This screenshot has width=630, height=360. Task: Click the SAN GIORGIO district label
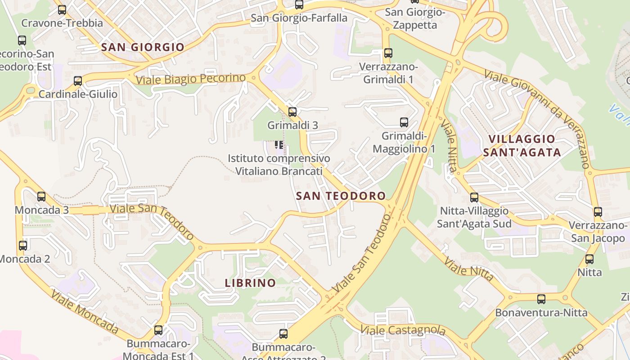pyautogui.click(x=143, y=47)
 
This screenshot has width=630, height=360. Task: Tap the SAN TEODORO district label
pyautogui.click(x=341, y=196)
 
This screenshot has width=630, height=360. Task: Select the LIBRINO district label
pyautogui.click(x=250, y=283)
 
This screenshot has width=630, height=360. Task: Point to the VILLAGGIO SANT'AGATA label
pyautogui.click(x=522, y=146)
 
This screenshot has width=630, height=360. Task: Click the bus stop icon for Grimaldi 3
pyautogui.click(x=292, y=112)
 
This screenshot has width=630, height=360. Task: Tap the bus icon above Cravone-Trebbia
pyautogui.click(x=62, y=9)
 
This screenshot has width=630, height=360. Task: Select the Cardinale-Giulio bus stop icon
pyautogui.click(x=78, y=81)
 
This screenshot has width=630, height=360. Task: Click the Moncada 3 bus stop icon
pyautogui.click(x=41, y=197)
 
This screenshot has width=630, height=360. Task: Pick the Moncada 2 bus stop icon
pyautogui.click(x=23, y=246)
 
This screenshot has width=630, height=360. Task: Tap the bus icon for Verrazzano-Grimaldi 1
pyautogui.click(x=388, y=53)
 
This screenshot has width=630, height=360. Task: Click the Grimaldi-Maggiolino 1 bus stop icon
pyautogui.click(x=404, y=122)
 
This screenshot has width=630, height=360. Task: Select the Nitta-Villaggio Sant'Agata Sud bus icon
pyautogui.click(x=474, y=197)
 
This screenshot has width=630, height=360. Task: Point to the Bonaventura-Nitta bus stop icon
pyautogui.click(x=541, y=299)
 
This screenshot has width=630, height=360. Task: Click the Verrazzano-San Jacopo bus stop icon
pyautogui.click(x=598, y=211)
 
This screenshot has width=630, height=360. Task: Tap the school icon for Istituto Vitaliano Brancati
pyautogui.click(x=279, y=145)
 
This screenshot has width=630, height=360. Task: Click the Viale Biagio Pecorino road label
pyautogui.click(x=191, y=79)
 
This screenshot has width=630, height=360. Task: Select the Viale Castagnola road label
pyautogui.click(x=403, y=330)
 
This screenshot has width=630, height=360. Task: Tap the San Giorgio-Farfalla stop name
pyautogui.click(x=299, y=18)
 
